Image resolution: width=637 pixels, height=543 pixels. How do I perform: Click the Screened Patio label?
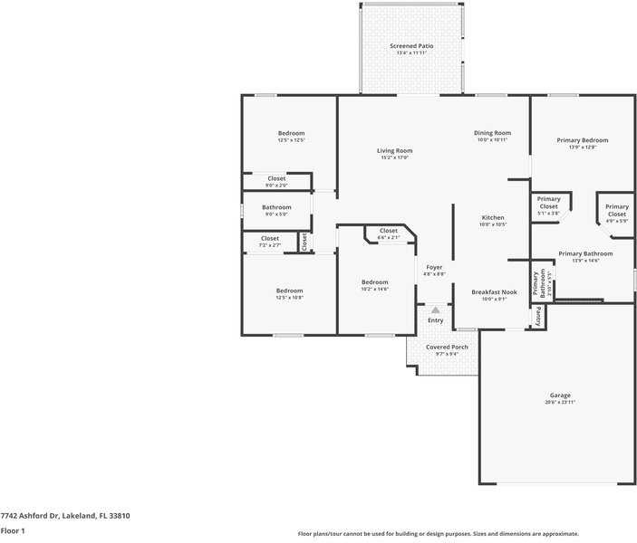(x=411, y=45)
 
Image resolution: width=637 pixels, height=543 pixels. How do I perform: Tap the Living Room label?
(x=395, y=150)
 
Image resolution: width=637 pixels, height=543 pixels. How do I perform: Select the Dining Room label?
(x=492, y=133)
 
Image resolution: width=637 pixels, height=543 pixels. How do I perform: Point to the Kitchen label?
(x=493, y=217)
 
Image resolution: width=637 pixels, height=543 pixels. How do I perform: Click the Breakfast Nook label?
(x=494, y=291)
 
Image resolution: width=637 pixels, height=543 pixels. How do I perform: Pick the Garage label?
(x=560, y=395)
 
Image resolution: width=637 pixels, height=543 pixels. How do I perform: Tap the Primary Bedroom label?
(x=582, y=140)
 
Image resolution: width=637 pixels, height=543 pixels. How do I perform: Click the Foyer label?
(x=435, y=267)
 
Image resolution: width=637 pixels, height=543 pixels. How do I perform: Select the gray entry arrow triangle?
(x=435, y=310)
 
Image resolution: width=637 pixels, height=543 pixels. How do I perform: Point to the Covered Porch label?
(x=447, y=347)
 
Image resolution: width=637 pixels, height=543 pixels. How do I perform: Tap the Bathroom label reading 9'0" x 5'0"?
(x=276, y=207)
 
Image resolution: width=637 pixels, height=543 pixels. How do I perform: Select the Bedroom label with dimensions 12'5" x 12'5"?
(x=291, y=133)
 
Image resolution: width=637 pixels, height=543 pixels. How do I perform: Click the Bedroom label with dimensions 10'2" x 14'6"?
(x=374, y=281)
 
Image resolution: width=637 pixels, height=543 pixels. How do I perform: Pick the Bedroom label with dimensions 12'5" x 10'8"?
(x=289, y=291)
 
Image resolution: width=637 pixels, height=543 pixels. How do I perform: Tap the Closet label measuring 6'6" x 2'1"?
(x=388, y=231)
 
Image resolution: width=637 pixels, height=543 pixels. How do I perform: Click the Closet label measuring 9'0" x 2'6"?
(x=276, y=178)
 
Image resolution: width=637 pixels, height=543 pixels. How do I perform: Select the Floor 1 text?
(x=13, y=530)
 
